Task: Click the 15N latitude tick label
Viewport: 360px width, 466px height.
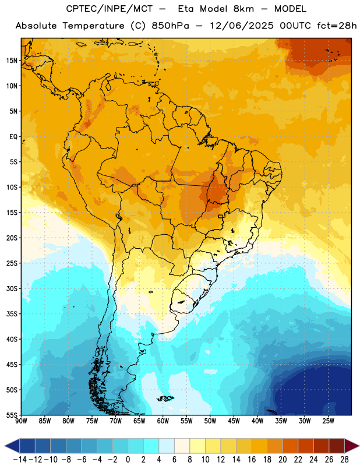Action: point(12,61)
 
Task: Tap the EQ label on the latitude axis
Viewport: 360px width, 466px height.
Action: point(13,137)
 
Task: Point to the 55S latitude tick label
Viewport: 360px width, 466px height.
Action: point(12,415)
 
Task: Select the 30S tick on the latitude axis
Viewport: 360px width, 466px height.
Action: point(12,288)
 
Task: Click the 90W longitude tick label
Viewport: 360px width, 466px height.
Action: point(21,421)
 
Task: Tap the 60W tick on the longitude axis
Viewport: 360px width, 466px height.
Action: point(163,421)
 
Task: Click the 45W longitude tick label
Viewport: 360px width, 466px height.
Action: point(234,421)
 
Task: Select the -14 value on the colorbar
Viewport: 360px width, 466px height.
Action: point(20,460)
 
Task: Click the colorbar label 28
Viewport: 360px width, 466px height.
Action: point(344,460)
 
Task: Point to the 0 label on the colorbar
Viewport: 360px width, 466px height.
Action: point(128,460)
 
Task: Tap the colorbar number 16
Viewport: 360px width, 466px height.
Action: point(252,460)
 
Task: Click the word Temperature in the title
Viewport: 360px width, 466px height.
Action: point(93,26)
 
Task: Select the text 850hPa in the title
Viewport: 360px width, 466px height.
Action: point(170,26)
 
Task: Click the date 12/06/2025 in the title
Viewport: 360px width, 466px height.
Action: point(242,26)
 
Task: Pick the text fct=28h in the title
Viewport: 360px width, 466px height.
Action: point(337,26)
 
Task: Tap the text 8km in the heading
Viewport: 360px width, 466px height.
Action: point(243,9)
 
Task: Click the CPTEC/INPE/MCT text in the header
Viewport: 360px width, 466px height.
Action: point(110,9)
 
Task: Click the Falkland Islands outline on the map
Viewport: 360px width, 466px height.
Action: point(165,398)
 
